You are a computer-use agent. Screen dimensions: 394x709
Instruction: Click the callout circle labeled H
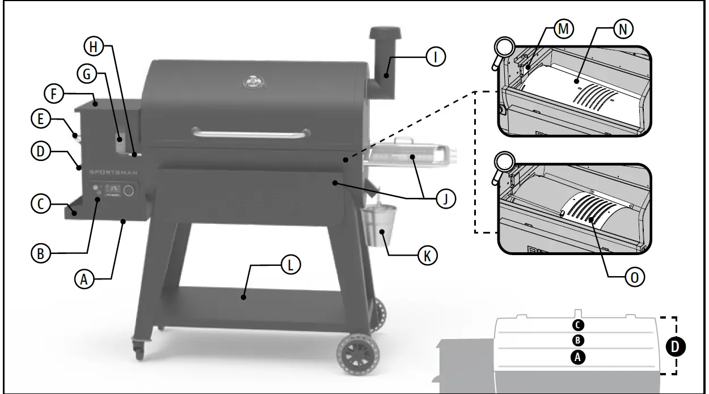pos(94,46)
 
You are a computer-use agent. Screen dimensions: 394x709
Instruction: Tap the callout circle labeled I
pos(436,56)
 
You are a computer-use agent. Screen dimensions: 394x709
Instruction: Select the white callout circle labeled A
pos(84,278)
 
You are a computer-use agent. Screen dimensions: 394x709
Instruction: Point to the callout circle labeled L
pos(290,265)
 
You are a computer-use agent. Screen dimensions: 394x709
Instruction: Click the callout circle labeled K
pos(427,256)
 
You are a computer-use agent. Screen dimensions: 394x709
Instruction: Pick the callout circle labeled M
pos(563,29)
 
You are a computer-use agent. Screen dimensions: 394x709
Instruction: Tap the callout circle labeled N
pos(623,29)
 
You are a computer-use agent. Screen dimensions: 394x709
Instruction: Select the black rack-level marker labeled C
pos(577,325)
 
